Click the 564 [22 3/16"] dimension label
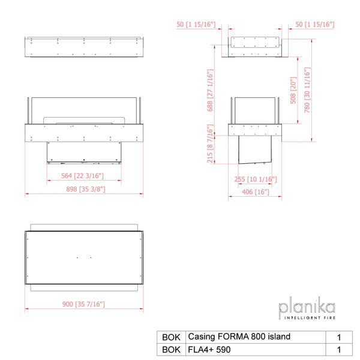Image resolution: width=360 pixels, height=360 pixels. coord(82,176)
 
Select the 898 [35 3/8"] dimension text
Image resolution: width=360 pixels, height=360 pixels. coord(86,189)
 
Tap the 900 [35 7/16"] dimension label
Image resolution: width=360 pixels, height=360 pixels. coord(83,304)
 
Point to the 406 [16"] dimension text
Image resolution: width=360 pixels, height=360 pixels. coord(256,192)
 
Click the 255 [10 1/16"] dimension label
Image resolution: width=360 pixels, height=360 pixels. coord(256,179)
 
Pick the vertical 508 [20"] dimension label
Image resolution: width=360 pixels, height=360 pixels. coord(293,90)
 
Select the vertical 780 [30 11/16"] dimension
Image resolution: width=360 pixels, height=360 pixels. coord(307,90)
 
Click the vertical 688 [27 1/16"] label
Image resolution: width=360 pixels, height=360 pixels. coord(210,90)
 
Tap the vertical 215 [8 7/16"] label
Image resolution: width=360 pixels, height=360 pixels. coord(210,144)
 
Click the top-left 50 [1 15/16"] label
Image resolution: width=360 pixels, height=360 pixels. coord(196,25)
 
